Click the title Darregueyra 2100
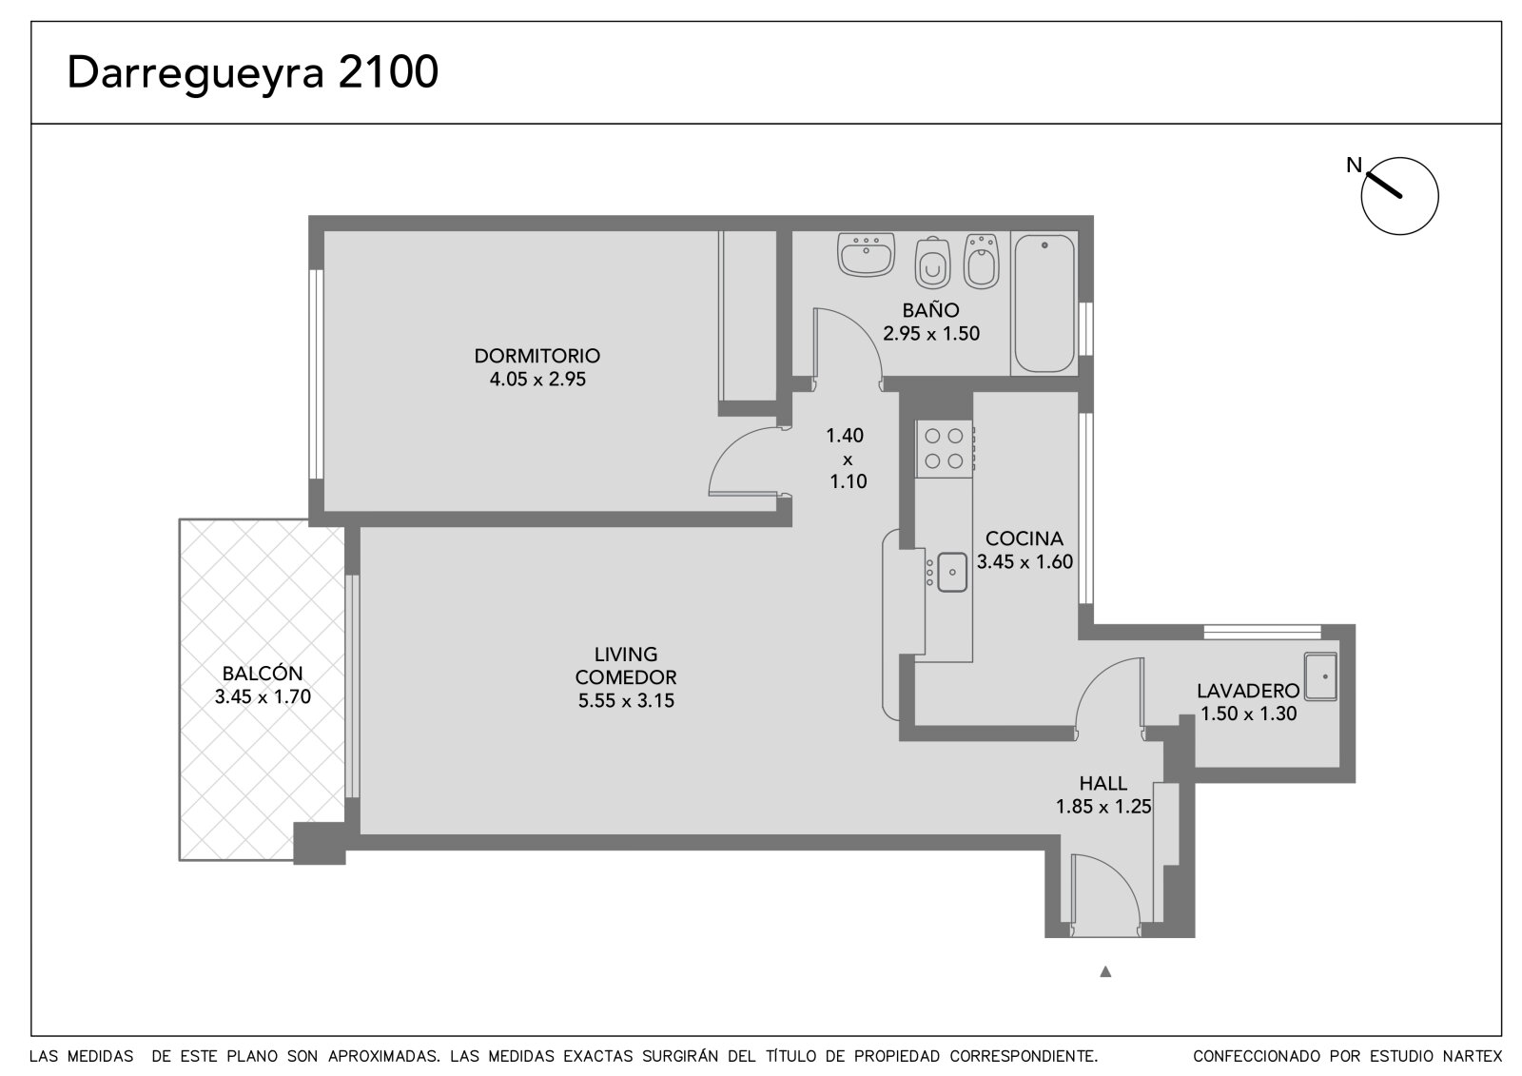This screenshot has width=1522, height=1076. click(253, 73)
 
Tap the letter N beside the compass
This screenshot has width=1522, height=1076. click(1355, 165)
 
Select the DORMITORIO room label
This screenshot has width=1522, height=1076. click(537, 356)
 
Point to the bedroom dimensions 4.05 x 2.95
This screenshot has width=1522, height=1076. click(537, 380)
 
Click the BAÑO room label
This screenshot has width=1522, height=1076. click(931, 310)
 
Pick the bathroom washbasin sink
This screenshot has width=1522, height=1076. click(866, 254)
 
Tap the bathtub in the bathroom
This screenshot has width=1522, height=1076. click(1044, 303)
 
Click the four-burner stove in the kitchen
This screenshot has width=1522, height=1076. click(945, 449)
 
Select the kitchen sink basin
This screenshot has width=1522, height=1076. click(952, 573)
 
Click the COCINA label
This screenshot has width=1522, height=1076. click(1024, 538)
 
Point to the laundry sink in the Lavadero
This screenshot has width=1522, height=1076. click(1320, 677)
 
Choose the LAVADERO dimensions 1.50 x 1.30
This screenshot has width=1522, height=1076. click(1248, 714)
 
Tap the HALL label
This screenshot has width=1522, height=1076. click(1102, 783)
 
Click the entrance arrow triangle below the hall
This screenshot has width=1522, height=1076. click(1105, 971)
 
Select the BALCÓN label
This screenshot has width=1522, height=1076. click(263, 673)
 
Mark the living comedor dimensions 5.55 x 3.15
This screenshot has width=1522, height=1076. click(626, 701)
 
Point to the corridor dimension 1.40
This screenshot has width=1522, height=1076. click(845, 435)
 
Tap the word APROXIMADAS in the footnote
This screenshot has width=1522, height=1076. click(384, 1056)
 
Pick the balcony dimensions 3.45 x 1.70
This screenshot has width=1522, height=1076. click(263, 696)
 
